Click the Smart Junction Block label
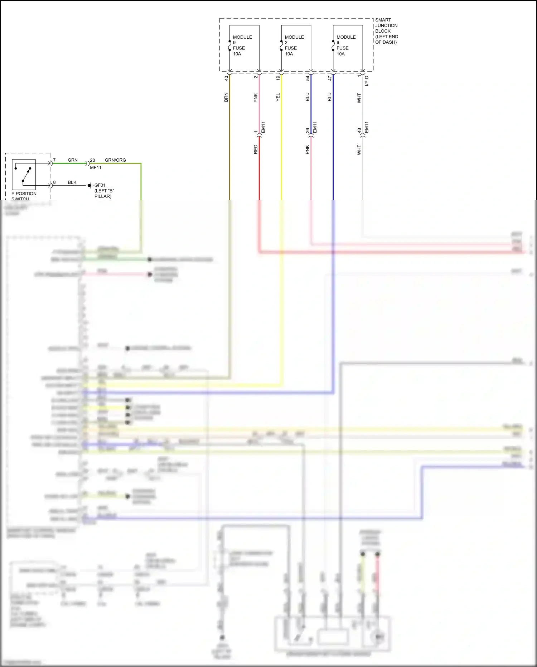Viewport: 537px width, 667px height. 386,31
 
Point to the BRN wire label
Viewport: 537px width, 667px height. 226,97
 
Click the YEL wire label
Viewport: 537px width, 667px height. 278,97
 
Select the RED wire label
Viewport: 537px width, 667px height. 256,149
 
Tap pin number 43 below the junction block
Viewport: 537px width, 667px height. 226,78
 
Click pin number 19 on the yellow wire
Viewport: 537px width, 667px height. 278,78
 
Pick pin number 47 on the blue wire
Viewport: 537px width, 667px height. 329,78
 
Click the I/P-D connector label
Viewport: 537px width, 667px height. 367,81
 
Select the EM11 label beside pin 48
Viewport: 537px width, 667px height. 367,127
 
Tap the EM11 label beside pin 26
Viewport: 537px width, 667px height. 315,127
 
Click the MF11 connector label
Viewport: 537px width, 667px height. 96,168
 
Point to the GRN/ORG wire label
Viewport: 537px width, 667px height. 115,160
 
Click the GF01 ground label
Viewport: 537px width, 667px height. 100,185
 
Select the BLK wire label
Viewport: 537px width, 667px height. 72,182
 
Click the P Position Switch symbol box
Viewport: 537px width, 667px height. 24,175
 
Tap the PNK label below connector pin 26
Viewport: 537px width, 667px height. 307,149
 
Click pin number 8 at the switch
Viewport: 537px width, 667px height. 54,182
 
